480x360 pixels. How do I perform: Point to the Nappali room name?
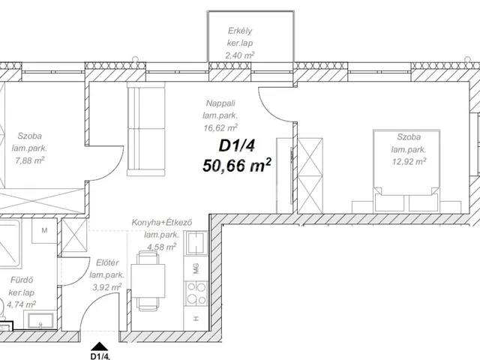tap(223, 105)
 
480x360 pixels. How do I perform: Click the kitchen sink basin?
tap(197, 244)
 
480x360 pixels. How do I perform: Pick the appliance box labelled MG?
tap(196, 268)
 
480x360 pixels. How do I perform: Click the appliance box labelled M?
tap(44, 230)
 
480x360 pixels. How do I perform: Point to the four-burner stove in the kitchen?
tap(196, 293)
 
